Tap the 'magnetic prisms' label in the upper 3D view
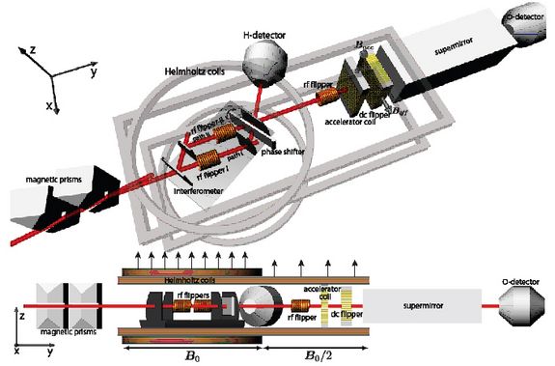click(x=39, y=178)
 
